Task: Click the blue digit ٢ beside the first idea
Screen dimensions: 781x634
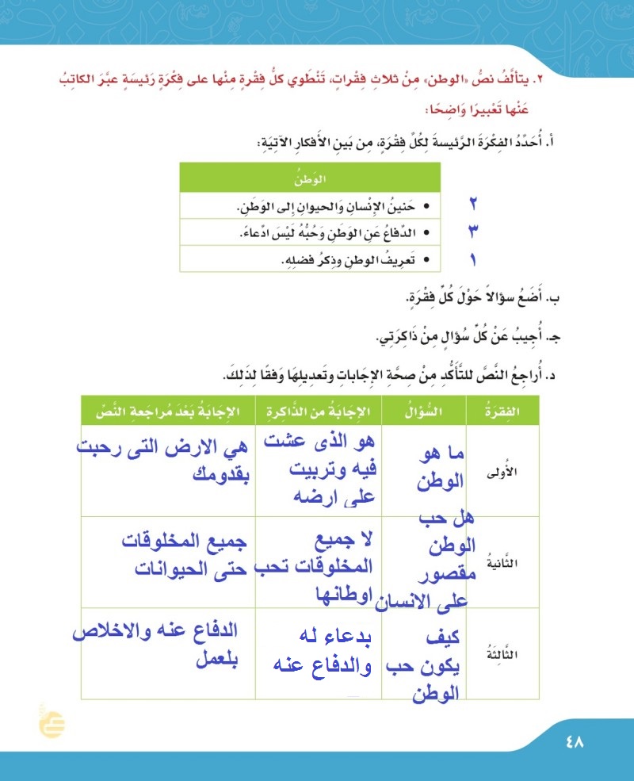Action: coord(472,205)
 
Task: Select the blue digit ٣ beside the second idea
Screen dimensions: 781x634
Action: coord(473,232)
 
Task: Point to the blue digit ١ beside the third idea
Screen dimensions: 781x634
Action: coord(473,258)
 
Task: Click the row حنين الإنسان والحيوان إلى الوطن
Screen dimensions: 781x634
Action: coord(333,206)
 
